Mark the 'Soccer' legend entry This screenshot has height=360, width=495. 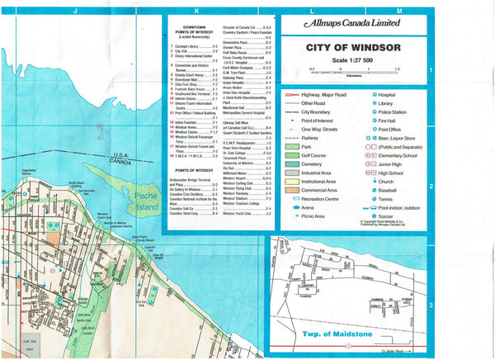384,216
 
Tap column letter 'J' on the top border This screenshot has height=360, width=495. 75,10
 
